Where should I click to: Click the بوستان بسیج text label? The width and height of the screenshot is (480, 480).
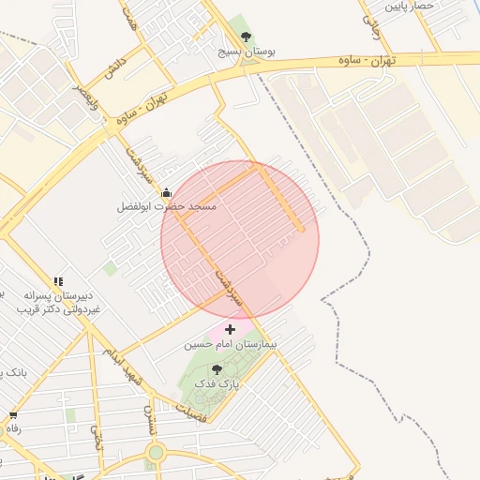coord(246,52)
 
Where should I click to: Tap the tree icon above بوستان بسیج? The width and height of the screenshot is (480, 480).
coord(246,37)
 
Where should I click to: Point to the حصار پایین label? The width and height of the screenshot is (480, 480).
coord(410,6)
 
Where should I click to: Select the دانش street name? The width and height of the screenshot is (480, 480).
coord(114,68)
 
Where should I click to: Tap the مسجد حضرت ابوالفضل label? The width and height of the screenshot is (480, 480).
coord(167,205)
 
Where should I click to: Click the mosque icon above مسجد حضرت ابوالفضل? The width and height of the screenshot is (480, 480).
coord(167,191)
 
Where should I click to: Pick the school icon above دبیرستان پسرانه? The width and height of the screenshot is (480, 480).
coord(58,280)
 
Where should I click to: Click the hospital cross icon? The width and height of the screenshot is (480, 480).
coord(230,330)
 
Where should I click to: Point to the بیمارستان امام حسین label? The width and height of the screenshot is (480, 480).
coord(231,345)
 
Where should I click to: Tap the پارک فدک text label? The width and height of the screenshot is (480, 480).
coord(217,383)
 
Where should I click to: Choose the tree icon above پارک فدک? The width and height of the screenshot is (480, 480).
coord(217,369)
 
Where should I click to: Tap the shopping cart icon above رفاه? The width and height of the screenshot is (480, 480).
coord(13,414)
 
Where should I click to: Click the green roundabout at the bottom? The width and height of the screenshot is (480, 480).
coord(156,453)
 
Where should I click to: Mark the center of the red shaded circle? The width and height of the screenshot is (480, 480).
coord(240,240)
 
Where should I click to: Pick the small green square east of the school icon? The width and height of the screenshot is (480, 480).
coord(111,269)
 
